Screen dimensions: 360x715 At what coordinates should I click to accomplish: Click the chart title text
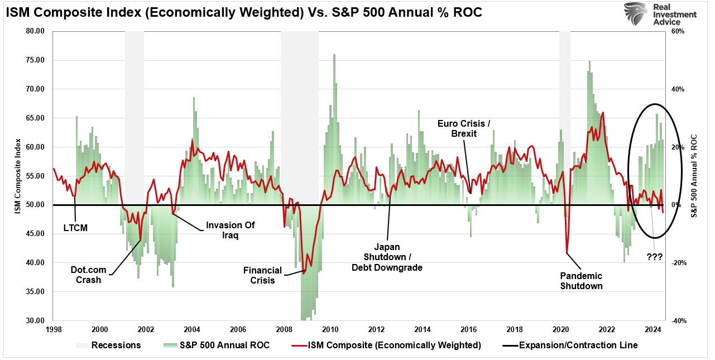[x=244, y=13]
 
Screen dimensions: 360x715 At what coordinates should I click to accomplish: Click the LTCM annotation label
[x=75, y=228]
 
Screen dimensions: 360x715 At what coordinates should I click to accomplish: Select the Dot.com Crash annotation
[x=89, y=275]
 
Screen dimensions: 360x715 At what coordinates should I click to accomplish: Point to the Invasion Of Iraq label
[x=230, y=230]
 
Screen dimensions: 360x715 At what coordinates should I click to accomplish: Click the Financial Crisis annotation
[x=262, y=275]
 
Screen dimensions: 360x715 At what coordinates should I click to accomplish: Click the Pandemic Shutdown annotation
[x=581, y=281]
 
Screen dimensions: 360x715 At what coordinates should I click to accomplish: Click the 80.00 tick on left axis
[x=35, y=31]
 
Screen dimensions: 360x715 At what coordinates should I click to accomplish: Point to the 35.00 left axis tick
[x=35, y=292]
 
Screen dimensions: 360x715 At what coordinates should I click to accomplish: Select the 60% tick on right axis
[x=678, y=31]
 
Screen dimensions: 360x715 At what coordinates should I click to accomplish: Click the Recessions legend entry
[x=108, y=345]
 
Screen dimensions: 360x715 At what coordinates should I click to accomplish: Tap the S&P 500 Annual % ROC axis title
[x=694, y=175]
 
